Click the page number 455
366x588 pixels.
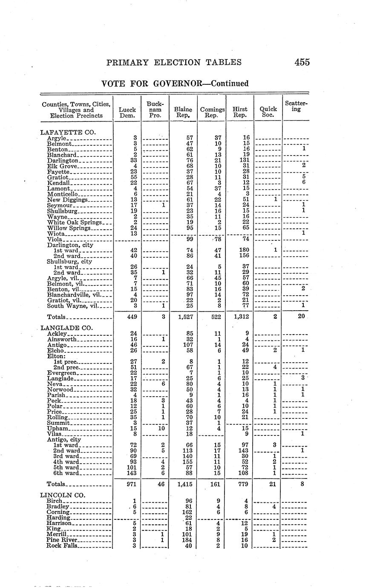(302, 62)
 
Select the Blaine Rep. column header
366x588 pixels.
(183, 112)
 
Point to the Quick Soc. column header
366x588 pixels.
(268, 112)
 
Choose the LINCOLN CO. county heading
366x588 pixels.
(62, 495)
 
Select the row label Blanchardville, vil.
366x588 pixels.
(74, 294)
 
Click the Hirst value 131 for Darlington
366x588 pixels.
(241, 161)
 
